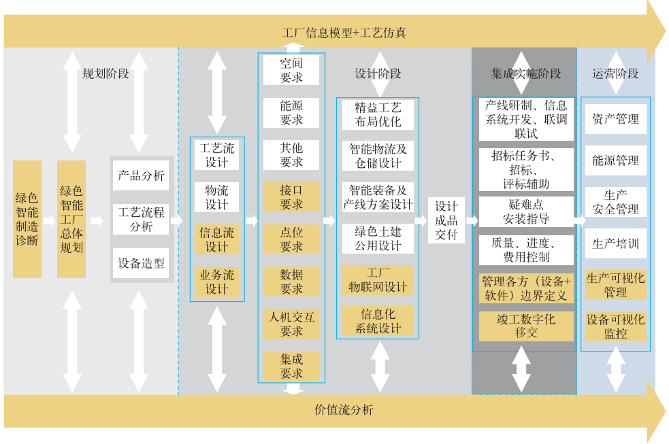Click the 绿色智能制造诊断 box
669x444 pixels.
[27, 219]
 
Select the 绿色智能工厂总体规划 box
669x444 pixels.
[71, 219]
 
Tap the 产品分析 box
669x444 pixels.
[141, 175]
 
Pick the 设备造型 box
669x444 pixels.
[141, 263]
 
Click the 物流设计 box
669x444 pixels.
[217, 197]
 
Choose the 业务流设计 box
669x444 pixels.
[217, 282]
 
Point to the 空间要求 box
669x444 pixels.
[291, 70]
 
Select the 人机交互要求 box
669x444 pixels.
[291, 324]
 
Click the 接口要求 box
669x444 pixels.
[291, 197]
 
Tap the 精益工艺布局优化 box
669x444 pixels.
[378, 114]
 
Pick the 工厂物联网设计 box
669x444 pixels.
[378, 280]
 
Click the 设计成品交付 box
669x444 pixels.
[446, 220]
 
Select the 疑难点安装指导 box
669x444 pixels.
[526, 211]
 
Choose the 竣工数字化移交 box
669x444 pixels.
[526, 326]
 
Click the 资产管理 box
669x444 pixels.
[615, 119]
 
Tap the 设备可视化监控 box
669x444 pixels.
[615, 326]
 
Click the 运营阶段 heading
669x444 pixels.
[615, 73]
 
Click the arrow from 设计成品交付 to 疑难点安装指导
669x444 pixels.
[472, 220]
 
